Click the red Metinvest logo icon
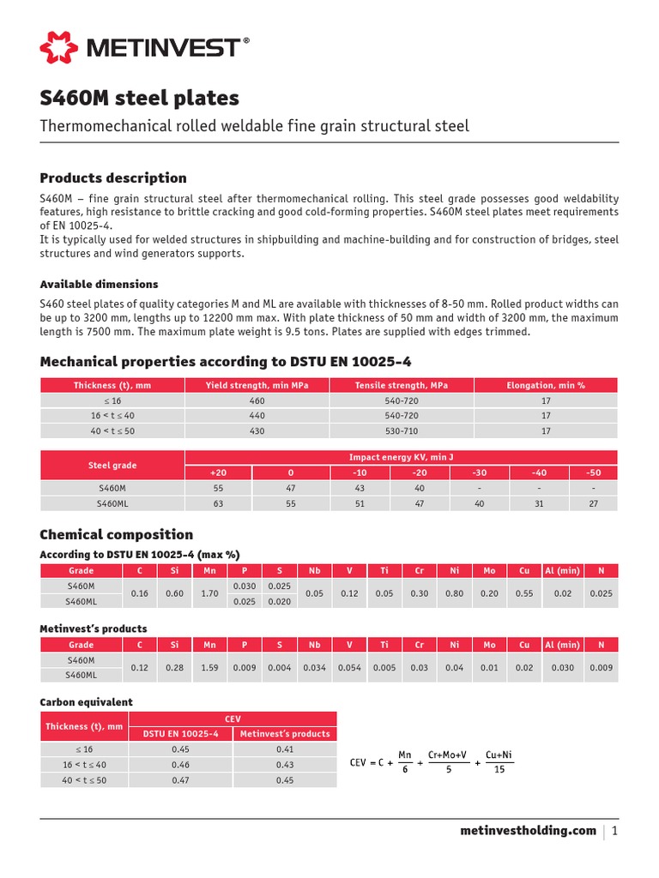[58, 47]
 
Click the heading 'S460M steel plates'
[139, 98]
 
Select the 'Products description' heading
[113, 178]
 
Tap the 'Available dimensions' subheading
[99, 284]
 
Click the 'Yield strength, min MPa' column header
[257, 385]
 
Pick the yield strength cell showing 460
[257, 400]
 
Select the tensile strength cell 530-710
[401, 431]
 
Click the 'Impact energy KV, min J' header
[401, 457]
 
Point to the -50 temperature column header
[593, 472]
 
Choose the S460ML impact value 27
[593, 503]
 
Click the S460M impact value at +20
[218, 488]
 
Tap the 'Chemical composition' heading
[117, 534]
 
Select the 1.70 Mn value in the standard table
[209, 593]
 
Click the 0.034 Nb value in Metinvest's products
[314, 667]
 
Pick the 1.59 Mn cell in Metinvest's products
[209, 667]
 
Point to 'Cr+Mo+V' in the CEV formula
[447, 754]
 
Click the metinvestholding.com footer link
[528, 830]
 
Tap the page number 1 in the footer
[615, 830]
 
